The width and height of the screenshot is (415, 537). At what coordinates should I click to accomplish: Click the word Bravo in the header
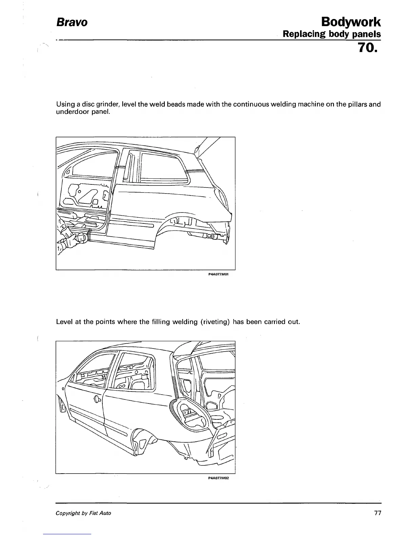click(72, 22)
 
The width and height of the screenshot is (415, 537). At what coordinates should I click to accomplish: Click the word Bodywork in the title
click(351, 22)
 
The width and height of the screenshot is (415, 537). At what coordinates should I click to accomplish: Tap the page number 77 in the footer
click(378, 513)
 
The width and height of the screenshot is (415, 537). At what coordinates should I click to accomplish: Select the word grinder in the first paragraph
click(108, 104)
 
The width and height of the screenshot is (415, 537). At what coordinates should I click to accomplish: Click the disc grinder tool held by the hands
click(82, 237)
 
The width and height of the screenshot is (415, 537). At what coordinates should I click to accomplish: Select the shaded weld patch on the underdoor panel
click(90, 234)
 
